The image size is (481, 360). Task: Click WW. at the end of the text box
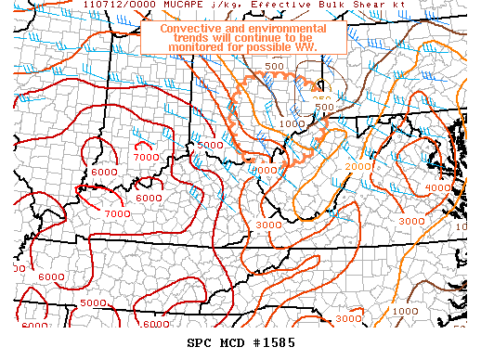(x=303, y=44)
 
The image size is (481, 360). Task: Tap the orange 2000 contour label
(x=358, y=166)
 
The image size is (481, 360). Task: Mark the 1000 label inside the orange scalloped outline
(x=291, y=123)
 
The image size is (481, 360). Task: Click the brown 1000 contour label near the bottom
(x=404, y=311)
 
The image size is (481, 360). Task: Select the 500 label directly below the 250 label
(x=323, y=109)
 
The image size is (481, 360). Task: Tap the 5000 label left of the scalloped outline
(x=210, y=146)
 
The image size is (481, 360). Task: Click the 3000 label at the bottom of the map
(x=348, y=319)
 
